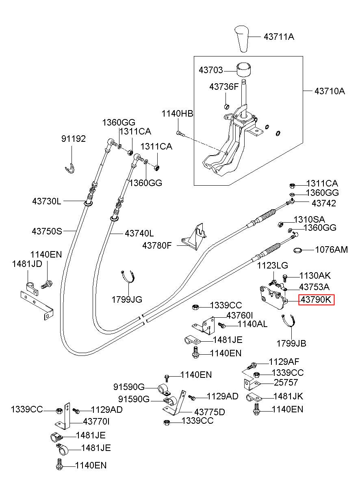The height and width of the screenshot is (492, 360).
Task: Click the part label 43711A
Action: [x=279, y=37]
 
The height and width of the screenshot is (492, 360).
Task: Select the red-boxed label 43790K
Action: [x=316, y=299]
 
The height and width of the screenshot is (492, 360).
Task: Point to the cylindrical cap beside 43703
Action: [x=244, y=70]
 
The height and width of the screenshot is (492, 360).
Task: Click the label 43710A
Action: [x=330, y=91]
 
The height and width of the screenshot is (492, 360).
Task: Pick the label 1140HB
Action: [x=178, y=114]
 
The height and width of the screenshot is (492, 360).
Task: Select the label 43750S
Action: [x=47, y=231]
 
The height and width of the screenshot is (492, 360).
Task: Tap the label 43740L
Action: [x=139, y=233]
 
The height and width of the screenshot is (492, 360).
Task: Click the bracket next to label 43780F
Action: [x=195, y=237]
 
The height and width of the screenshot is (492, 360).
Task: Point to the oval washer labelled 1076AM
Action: [x=297, y=250]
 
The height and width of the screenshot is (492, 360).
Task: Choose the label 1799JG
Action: [x=127, y=299]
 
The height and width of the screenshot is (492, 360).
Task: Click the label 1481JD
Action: [x=27, y=264]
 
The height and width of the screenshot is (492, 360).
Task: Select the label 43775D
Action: [x=210, y=412]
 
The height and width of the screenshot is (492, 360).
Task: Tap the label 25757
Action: [x=286, y=382]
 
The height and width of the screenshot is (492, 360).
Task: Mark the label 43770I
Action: [x=96, y=421]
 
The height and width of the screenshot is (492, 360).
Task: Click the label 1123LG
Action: [x=272, y=266]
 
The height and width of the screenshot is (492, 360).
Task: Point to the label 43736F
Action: [x=224, y=87]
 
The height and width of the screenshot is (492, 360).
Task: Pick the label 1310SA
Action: [x=309, y=219]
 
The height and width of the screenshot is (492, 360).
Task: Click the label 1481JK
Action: [x=288, y=397]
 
